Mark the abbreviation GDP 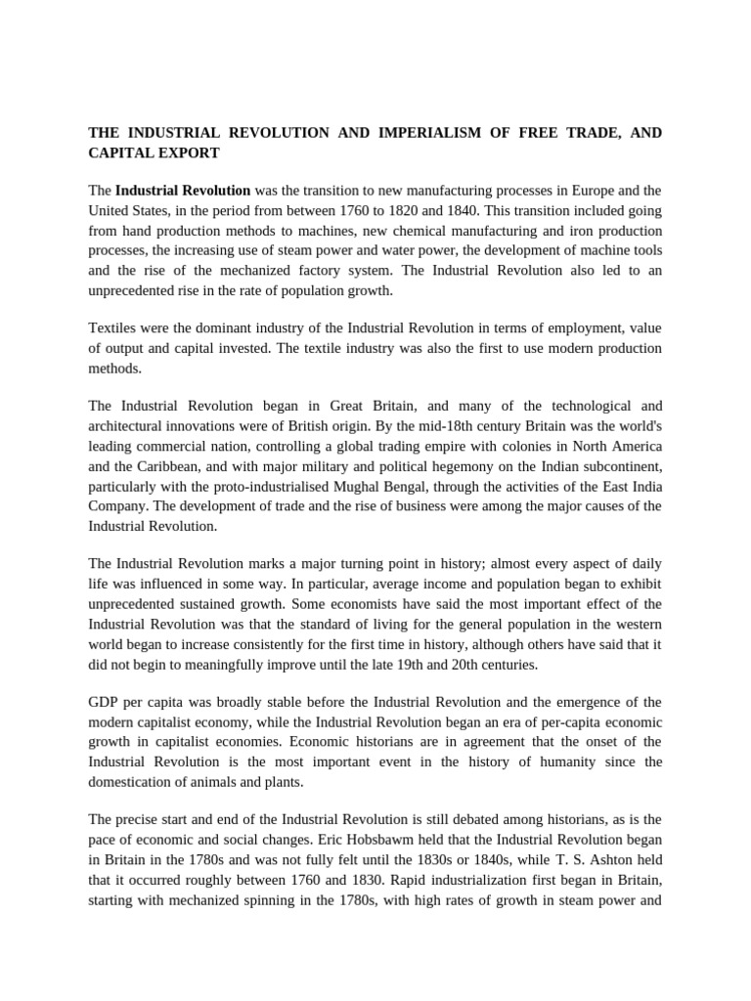coord(104,702)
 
